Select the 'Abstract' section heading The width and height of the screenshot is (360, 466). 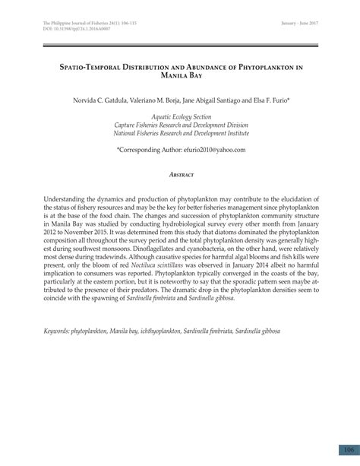[179, 174]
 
